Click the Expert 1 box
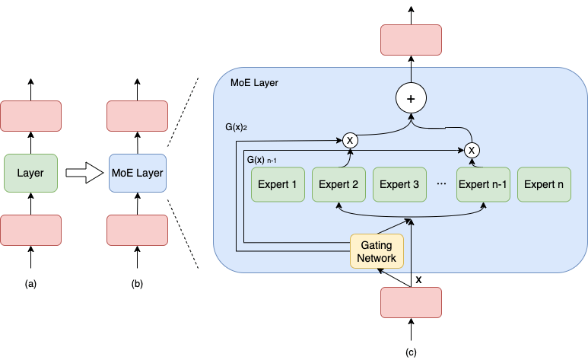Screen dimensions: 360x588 coord(278,184)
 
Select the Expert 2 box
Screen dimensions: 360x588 coord(338,184)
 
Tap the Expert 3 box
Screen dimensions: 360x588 coord(399,184)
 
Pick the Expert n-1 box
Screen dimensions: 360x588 coord(483,184)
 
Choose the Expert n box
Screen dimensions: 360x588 coord(544,184)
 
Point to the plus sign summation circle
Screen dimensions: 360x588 coord(411,98)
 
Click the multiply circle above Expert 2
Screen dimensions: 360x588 coord(350,140)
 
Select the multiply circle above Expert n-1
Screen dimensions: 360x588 coord(472,149)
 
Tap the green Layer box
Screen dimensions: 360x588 coord(30,174)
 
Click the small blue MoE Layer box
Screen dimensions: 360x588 coord(137,174)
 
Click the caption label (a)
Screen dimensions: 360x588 coord(30,284)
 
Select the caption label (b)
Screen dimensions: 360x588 coord(137,284)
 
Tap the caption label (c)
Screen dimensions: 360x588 coord(411,351)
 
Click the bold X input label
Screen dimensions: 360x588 coord(418,279)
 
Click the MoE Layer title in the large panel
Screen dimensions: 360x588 coord(254,81)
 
